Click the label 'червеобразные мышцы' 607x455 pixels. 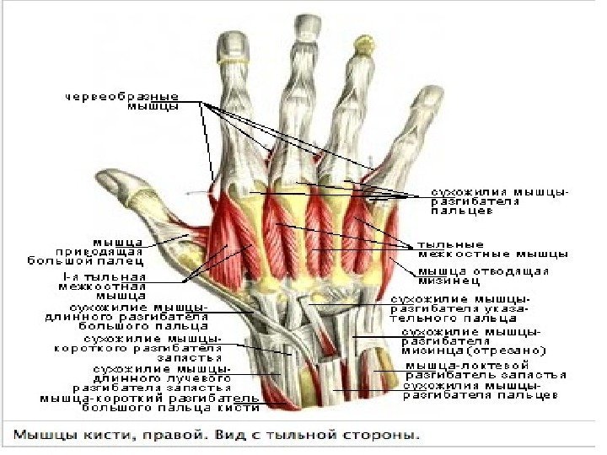tap(135, 101)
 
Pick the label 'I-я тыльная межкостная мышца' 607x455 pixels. tap(108, 285)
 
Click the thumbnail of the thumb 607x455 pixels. tap(114, 180)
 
